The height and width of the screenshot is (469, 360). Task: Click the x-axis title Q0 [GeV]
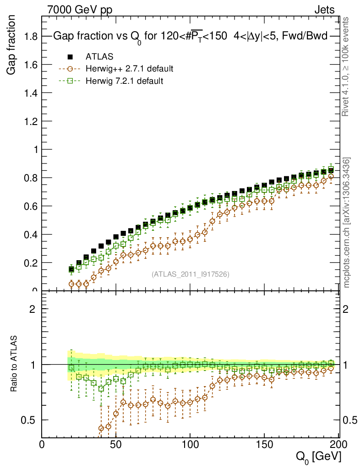pyautogui.click(x=318, y=457)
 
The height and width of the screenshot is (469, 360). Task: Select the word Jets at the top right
pyautogui.click(x=324, y=10)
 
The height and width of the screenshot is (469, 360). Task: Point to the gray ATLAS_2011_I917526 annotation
pyautogui.click(x=190, y=274)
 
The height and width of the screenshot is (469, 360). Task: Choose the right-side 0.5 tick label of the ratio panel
pyautogui.click(x=349, y=420)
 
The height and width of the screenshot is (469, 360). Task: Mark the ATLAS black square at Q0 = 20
pyautogui.click(x=71, y=269)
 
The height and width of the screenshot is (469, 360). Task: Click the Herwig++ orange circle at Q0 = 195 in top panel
pyautogui.click(x=331, y=176)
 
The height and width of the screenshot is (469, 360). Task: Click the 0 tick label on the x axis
pyautogui.click(x=42, y=444)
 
